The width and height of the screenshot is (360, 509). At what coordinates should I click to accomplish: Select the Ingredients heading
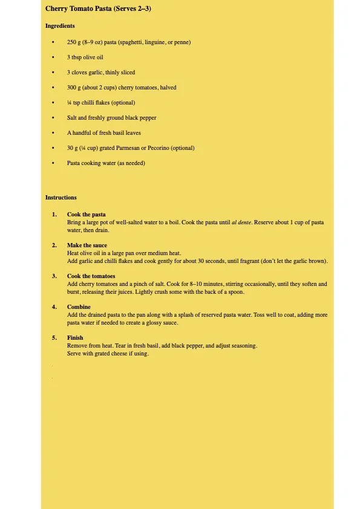coord(60,26)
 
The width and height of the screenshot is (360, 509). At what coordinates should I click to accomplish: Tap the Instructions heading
coord(61,198)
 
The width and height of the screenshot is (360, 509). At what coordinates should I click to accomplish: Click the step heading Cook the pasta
coord(87,215)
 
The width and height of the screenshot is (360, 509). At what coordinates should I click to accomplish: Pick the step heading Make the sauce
coord(87,245)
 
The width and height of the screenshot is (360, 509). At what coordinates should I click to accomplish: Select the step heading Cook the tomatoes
coord(91,276)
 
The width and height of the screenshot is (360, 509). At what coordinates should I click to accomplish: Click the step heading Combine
coord(79,307)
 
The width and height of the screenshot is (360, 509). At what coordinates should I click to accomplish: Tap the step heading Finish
coord(75,338)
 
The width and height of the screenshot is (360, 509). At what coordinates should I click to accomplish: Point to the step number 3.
coord(54,276)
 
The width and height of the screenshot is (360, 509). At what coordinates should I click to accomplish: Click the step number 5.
coord(54,338)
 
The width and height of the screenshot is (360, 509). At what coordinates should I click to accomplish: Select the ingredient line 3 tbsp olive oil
coord(85,57)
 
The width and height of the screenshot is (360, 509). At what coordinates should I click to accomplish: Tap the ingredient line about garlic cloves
coord(101,73)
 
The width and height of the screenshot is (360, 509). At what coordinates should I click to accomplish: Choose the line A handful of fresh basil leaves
coord(104,133)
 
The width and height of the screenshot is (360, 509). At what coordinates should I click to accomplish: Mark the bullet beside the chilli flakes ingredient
coord(53,103)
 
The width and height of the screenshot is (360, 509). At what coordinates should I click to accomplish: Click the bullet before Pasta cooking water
coord(53,163)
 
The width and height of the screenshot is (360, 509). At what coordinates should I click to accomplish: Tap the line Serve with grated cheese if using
coord(108,354)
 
